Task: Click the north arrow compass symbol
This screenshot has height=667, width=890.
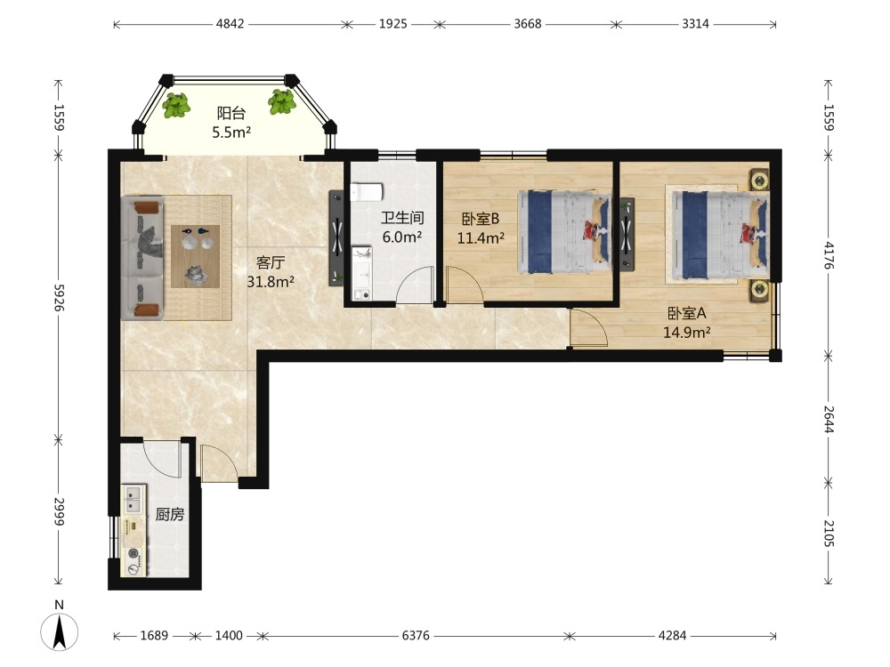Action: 59,631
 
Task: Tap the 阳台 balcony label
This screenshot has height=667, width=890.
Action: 231,113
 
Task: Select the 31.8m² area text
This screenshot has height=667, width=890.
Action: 271,281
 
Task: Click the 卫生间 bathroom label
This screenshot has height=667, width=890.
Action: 402,217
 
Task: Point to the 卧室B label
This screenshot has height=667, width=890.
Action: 480,219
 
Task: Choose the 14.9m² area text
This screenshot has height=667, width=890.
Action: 687,333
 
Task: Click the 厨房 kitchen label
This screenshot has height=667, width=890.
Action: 170,514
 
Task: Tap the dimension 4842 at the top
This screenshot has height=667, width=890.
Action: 230,24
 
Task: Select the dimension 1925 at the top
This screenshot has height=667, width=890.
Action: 392,24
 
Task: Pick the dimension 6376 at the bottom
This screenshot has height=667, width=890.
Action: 416,636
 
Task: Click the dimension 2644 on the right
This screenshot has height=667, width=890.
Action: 828,419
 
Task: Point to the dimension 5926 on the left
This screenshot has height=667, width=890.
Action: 59,297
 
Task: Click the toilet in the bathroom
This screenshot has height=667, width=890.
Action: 366,192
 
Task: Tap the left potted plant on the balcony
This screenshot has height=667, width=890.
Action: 176,106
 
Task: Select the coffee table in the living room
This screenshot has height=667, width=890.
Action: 195,256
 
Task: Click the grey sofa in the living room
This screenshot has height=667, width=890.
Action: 142,258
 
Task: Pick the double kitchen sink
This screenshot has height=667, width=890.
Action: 133,498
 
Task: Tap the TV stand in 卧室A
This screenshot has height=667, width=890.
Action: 627,233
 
